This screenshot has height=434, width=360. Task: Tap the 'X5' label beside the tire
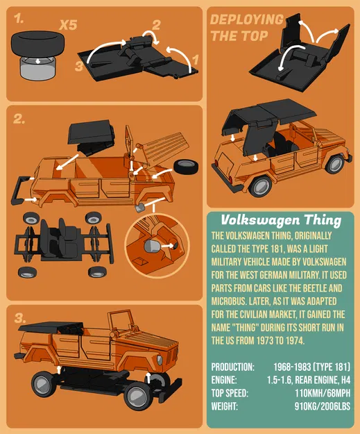(68, 26)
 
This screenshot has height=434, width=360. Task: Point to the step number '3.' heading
(21, 318)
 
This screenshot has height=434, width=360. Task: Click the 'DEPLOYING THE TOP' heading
(246, 27)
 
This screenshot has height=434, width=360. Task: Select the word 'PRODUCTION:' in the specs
(233, 366)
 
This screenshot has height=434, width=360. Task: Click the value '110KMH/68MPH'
(313, 392)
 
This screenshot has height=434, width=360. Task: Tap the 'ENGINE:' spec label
(225, 379)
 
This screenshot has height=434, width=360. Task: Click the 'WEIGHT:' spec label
(226, 406)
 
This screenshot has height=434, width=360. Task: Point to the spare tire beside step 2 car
(184, 166)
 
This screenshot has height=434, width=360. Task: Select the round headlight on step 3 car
(160, 361)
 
